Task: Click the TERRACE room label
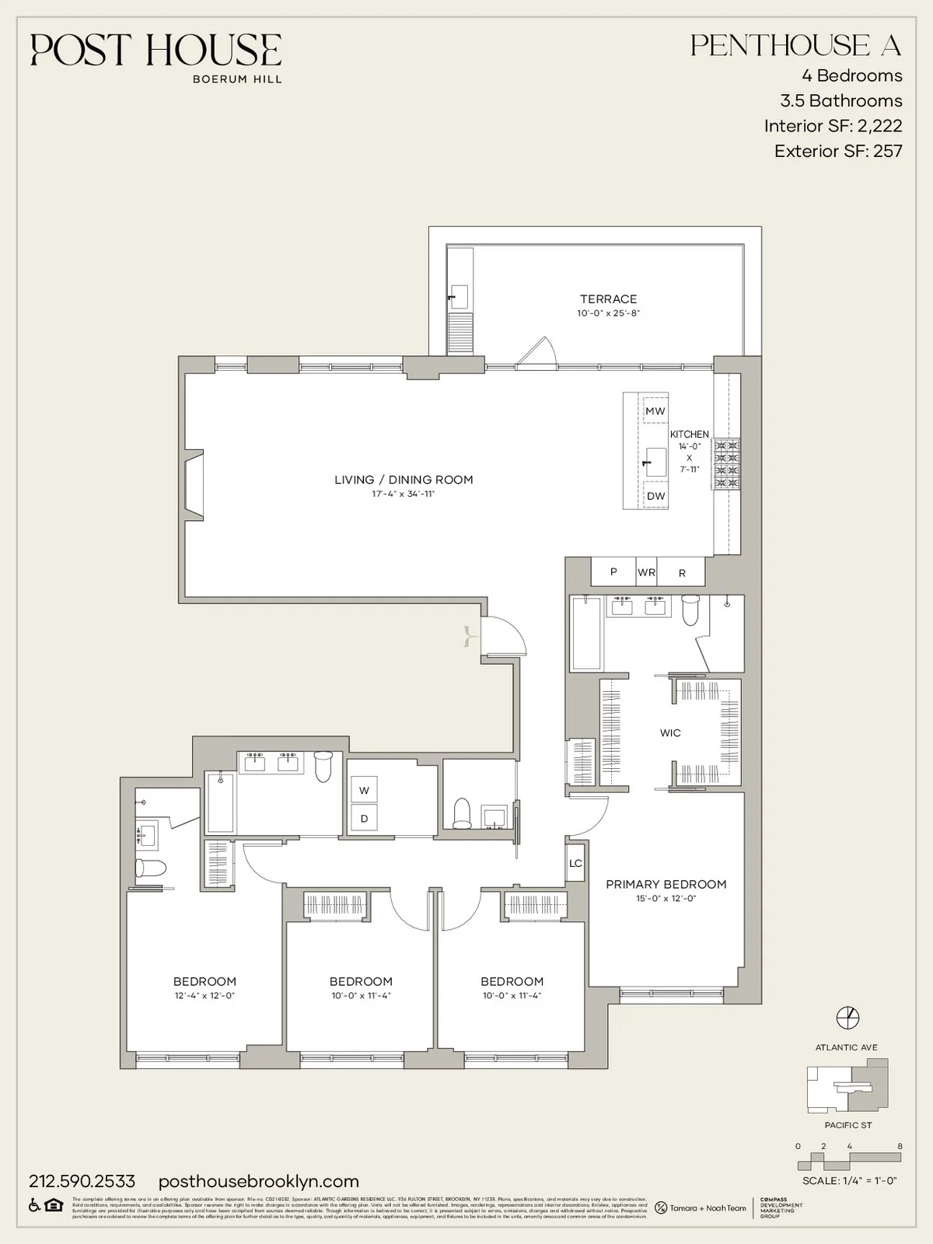pyautogui.click(x=608, y=299)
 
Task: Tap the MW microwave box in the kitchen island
pyautogui.click(x=655, y=411)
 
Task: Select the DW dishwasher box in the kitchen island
pyautogui.click(x=655, y=496)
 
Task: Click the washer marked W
pyautogui.click(x=364, y=791)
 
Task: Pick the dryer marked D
pyautogui.click(x=364, y=818)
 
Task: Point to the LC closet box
pyautogui.click(x=575, y=864)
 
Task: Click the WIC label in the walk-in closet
pyautogui.click(x=670, y=733)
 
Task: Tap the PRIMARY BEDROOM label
pyautogui.click(x=666, y=885)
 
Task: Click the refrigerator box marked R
pyautogui.click(x=682, y=573)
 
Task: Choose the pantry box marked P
pyautogui.click(x=613, y=572)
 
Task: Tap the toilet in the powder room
pyautogui.click(x=463, y=812)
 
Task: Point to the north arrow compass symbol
pyautogui.click(x=847, y=1017)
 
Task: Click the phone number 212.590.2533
pyautogui.click(x=82, y=1181)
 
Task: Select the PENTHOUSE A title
pyautogui.click(x=795, y=46)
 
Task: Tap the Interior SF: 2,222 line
pyautogui.click(x=833, y=126)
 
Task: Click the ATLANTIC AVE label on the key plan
pyautogui.click(x=846, y=1047)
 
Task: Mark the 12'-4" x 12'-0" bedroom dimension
pyautogui.click(x=204, y=996)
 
